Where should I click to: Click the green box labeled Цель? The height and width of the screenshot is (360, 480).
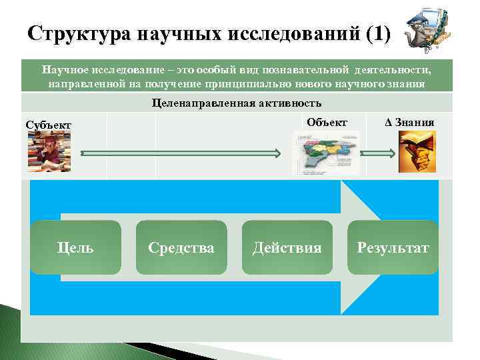(75, 248)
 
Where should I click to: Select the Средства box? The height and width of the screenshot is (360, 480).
(181, 248)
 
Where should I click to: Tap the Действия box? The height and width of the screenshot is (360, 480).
(287, 248)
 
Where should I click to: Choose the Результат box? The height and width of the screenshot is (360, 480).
(393, 248)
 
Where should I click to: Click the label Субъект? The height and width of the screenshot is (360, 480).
(48, 125)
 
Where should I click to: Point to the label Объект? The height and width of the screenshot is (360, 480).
(327, 122)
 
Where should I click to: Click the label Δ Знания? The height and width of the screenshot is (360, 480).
(409, 122)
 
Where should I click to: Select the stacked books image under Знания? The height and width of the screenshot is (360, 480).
(417, 151)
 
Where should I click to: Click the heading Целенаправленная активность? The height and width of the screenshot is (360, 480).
(237, 103)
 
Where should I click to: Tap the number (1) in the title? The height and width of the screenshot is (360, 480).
(378, 33)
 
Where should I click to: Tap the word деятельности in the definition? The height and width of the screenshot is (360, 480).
(393, 69)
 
